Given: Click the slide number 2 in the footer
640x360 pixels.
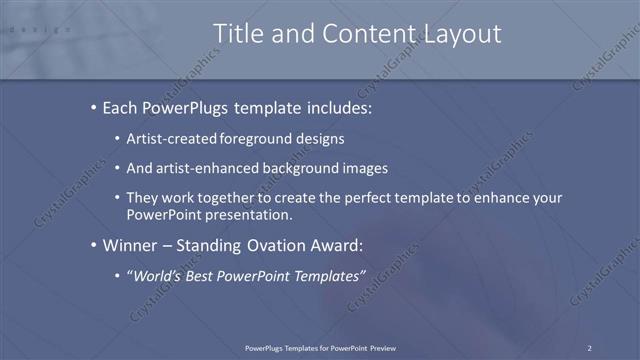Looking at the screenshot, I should [590, 347].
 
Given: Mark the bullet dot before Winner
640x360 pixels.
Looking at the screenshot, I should [93, 245].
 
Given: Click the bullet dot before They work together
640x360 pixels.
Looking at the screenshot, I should [117, 198].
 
